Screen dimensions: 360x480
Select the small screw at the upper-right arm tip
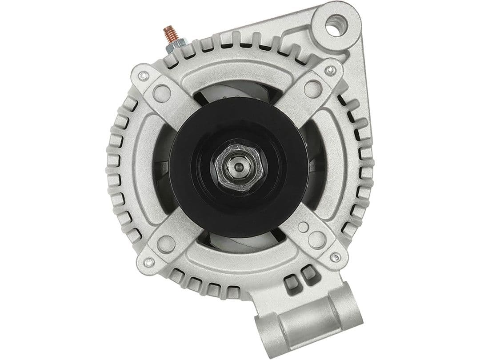click(331, 70)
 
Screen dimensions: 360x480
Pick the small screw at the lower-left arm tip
click(149, 262)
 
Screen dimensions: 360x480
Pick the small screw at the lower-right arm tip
click(336, 257)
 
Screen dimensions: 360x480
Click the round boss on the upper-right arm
click(313, 87)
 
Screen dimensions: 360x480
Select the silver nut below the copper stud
click(171, 47)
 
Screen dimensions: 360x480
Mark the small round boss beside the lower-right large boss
click(303, 227)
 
